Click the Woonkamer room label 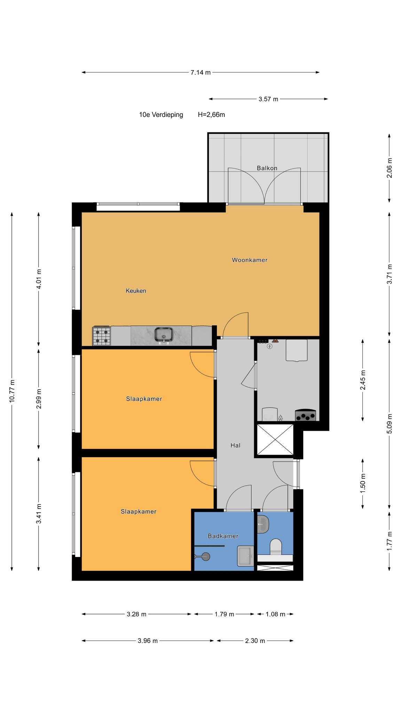point(250,260)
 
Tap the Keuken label point(136,291)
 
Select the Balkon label point(267,168)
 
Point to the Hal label point(235,445)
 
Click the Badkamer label point(223,536)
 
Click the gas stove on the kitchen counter point(101,336)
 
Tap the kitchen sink point(164,335)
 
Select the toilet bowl point(276,547)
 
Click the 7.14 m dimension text point(200,72)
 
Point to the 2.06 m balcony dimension point(389,168)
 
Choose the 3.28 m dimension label point(136,614)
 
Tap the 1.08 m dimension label point(275,614)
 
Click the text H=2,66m point(211,115)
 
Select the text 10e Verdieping point(161,115)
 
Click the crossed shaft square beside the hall point(275,439)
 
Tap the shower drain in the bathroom point(206,556)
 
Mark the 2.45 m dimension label point(363,380)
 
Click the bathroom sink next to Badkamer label point(245,556)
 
